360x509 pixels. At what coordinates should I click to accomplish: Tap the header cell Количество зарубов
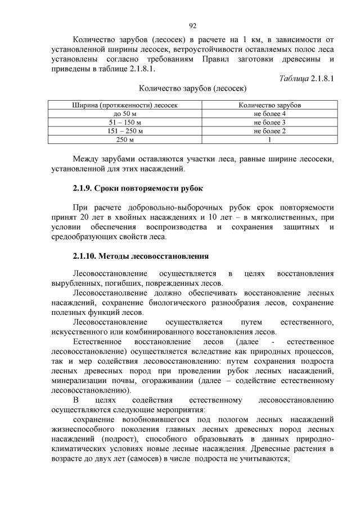(269, 105)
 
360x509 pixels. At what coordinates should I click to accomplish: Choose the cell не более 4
(269, 114)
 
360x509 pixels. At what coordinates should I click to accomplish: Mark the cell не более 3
(269, 122)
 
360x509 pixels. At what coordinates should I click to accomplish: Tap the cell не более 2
(269, 130)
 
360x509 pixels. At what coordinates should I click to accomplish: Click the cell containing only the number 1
(269, 139)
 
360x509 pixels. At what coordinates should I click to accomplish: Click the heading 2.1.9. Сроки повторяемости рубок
(138, 187)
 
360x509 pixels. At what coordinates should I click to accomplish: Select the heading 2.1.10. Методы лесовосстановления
(141, 256)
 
